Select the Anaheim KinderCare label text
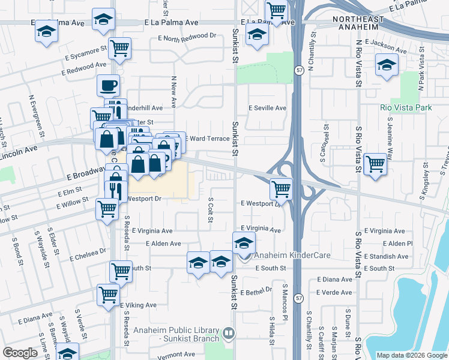(x=292, y=255)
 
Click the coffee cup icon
(x=108, y=85)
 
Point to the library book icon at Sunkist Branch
(x=228, y=332)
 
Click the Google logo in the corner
(x=20, y=353)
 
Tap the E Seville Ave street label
(x=268, y=108)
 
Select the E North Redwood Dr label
(x=186, y=36)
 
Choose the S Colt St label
(x=211, y=210)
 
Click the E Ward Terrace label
(x=208, y=139)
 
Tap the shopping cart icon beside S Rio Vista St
(x=375, y=163)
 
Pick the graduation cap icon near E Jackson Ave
(x=386, y=65)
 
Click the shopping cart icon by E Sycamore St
(x=120, y=48)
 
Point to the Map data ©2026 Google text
(x=412, y=355)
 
